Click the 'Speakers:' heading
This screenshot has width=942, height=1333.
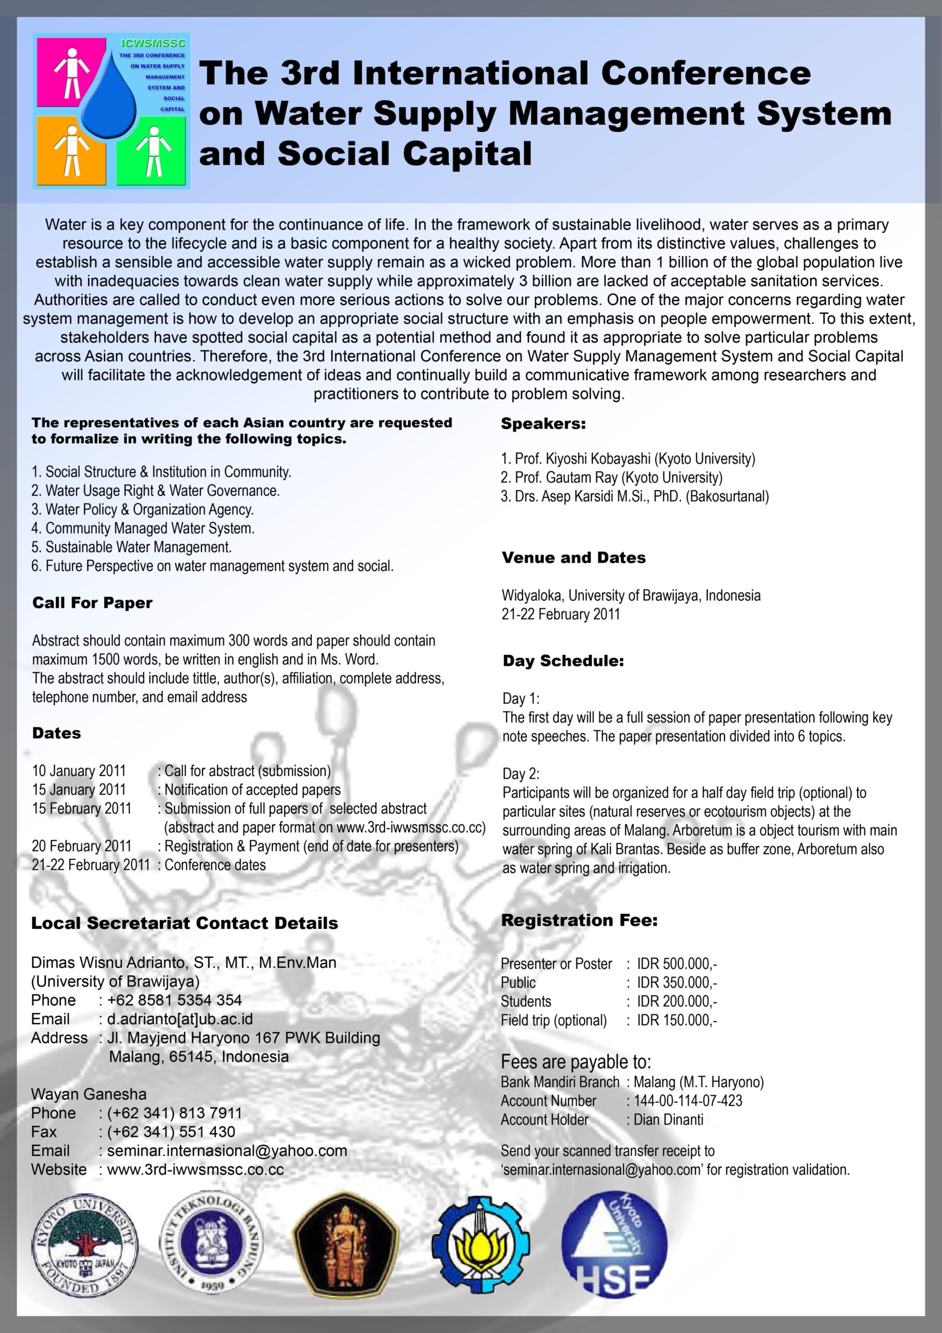click(x=543, y=424)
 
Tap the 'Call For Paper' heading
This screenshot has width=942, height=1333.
click(x=92, y=602)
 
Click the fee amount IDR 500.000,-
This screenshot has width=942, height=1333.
click(x=677, y=964)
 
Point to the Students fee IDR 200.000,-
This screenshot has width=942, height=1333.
click(x=677, y=1001)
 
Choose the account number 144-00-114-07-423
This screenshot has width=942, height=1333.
click(x=688, y=1101)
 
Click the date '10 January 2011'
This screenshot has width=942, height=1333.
click(x=79, y=771)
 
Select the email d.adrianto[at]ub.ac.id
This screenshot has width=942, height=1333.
click(x=180, y=1019)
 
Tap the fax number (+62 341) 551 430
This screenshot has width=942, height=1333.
click(x=171, y=1131)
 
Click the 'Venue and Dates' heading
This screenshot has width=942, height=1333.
click(x=574, y=558)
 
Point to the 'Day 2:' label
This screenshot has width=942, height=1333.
click(x=520, y=774)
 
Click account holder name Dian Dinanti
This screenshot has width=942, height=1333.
click(x=668, y=1120)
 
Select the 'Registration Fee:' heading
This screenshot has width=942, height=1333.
click(x=579, y=920)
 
